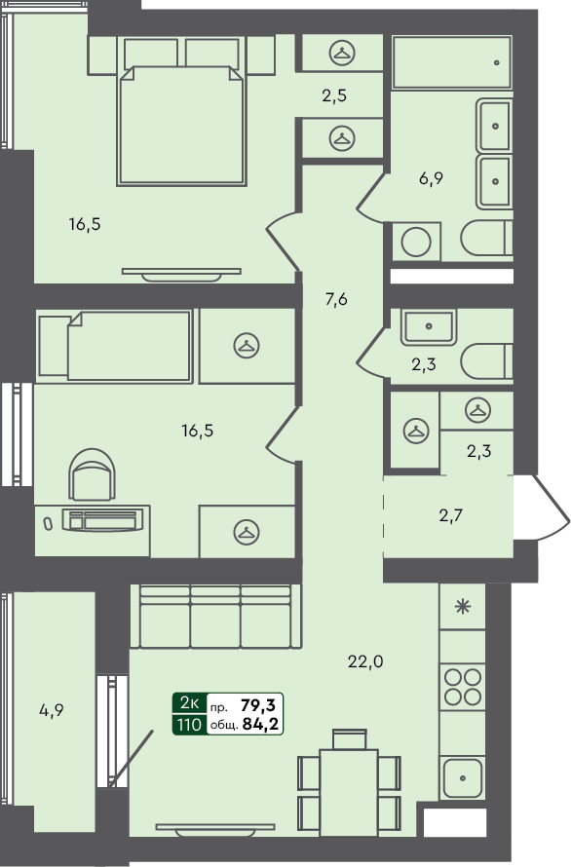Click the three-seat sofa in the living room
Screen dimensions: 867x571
coord(215,617)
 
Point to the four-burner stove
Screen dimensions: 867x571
coord(463,686)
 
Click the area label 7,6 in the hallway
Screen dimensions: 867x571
coord(335,299)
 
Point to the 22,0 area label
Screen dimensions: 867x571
coord(365,661)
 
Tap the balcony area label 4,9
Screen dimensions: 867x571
coord(51,710)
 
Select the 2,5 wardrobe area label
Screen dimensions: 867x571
coord(334,95)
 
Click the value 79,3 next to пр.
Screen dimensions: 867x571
coord(257,703)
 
